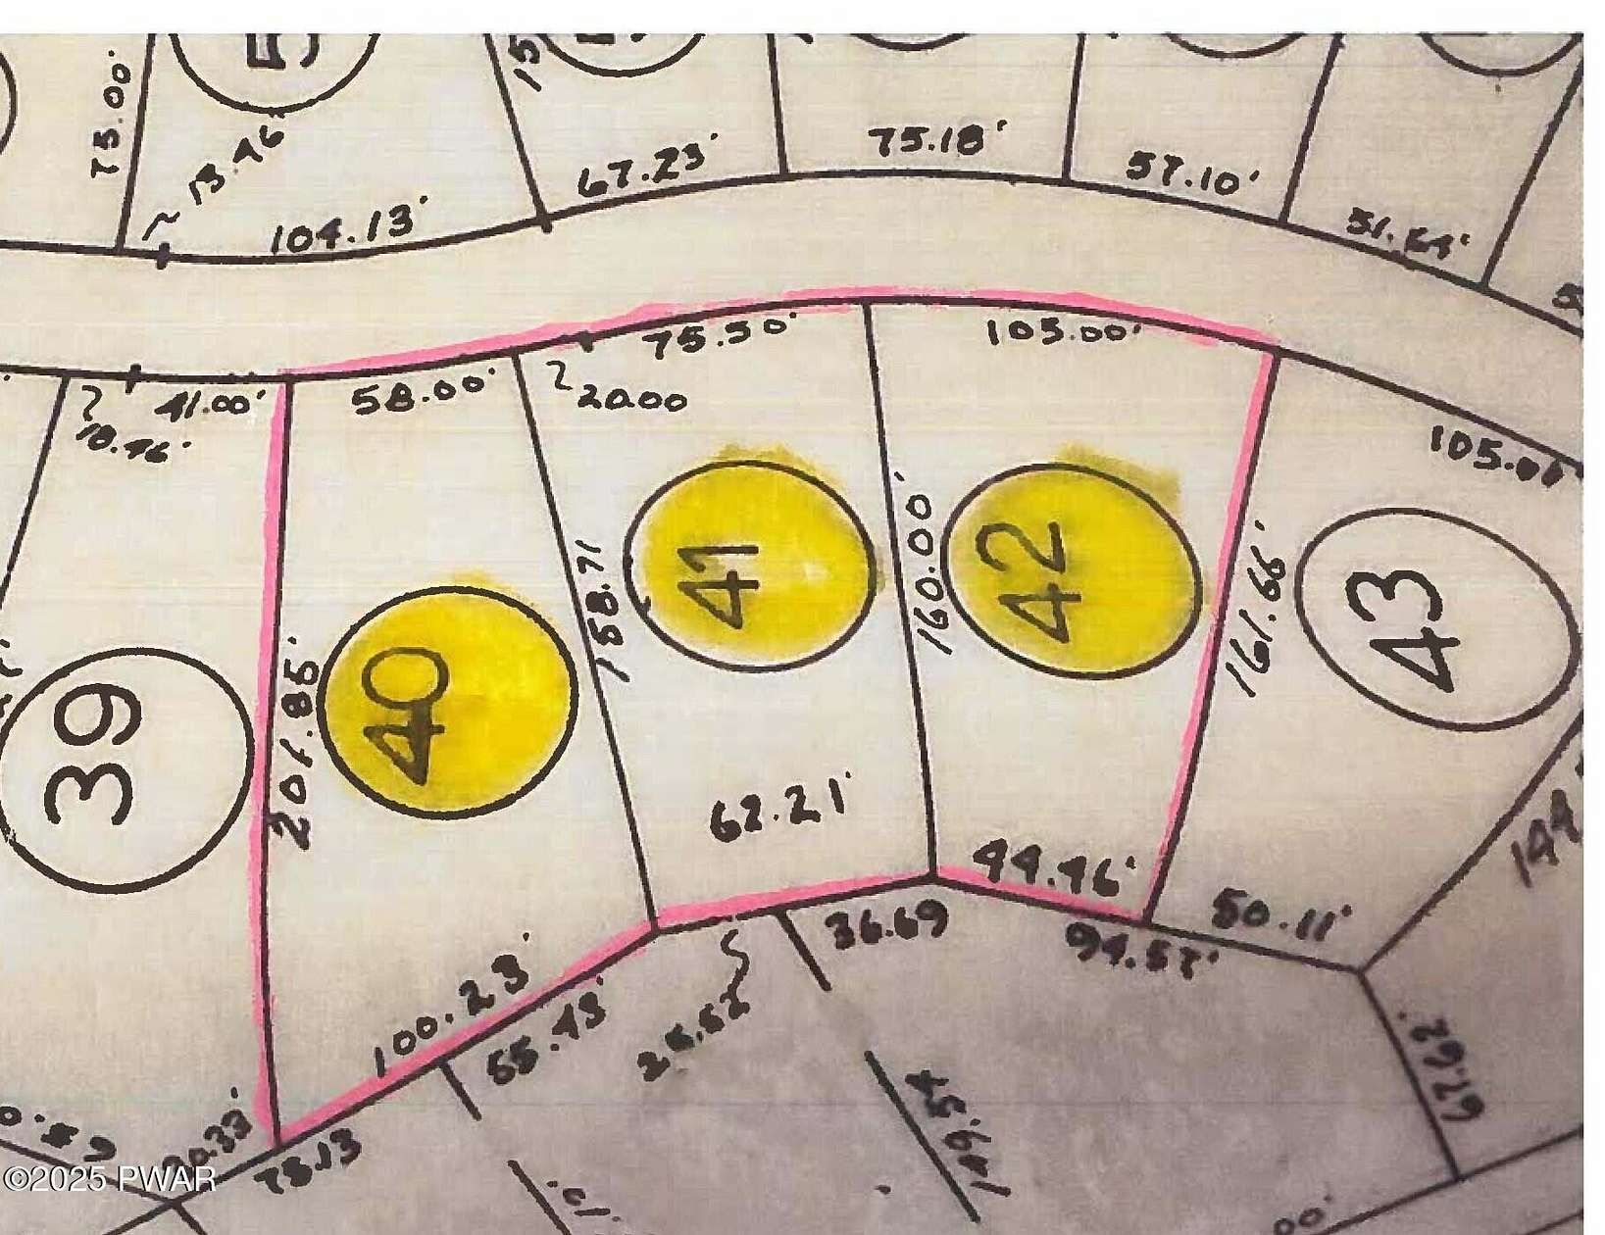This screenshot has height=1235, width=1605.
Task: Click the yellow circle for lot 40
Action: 449,700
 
